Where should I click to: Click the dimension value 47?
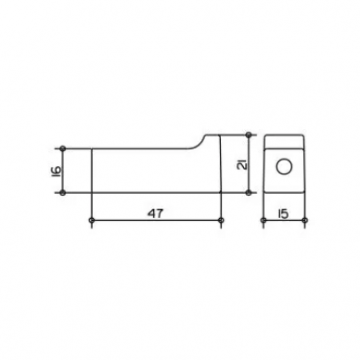coord(155,213)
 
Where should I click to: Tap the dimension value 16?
coord(56,171)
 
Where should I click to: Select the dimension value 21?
coord(242,165)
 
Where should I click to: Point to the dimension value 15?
coord(283,213)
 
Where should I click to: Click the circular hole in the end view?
coord(284,167)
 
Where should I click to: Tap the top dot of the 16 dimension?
coord(63,148)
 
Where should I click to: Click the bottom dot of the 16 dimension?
coord(63,193)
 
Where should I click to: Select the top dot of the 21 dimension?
coord(249,135)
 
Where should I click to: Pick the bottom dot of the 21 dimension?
coord(249,193)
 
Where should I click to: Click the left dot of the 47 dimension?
coord(92,220)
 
